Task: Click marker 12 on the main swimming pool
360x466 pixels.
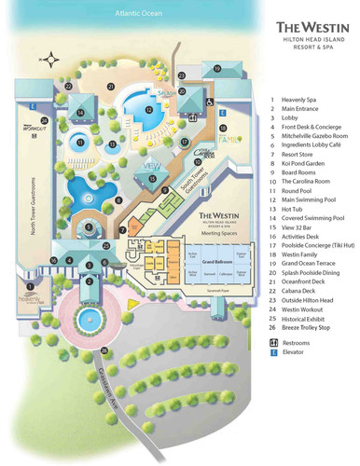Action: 148,110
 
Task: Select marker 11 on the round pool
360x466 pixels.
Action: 80,143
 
